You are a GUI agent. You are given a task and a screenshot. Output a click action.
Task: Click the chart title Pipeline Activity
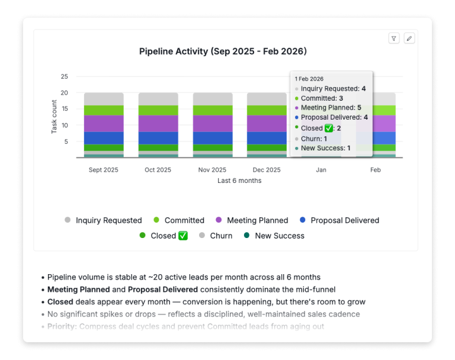point(223,52)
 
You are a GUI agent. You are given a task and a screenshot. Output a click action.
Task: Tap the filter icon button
point(394,38)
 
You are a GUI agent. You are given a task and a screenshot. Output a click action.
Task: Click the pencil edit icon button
point(409,38)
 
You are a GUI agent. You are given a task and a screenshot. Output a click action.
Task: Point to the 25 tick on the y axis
point(64,76)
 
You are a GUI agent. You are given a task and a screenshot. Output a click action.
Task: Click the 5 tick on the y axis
point(66,142)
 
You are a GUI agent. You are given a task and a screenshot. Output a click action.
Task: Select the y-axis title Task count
point(54,117)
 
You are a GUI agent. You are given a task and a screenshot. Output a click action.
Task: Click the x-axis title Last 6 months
point(239,181)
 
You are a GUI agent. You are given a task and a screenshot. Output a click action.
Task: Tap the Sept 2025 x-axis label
point(104,170)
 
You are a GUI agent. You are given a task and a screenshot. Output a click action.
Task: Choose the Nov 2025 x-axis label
point(213,170)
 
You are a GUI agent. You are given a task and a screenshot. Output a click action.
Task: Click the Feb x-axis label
point(376,170)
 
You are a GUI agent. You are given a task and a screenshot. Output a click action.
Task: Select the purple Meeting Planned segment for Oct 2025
point(158,123)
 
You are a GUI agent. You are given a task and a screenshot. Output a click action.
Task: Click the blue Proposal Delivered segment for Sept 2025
point(104,138)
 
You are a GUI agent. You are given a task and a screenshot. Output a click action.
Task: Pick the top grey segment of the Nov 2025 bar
point(213,99)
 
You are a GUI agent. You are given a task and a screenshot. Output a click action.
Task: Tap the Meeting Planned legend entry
point(251,220)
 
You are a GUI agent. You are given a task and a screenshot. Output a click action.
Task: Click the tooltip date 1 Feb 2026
point(309,79)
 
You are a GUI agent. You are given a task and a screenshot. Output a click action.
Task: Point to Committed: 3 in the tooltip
point(322,98)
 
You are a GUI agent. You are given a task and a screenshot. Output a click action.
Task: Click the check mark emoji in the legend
point(183,236)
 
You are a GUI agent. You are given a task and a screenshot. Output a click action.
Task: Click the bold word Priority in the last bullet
point(62,326)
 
